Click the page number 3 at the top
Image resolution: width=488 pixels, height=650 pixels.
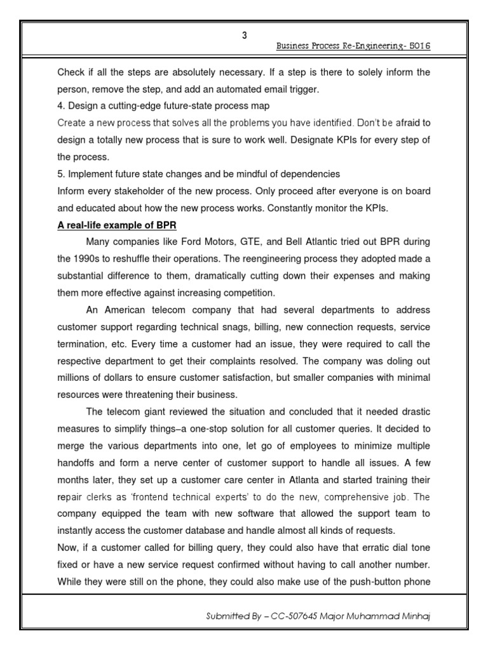(244, 36)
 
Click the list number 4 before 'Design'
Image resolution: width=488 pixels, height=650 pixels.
(60, 105)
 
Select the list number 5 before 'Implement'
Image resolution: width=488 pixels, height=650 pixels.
(60, 173)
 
